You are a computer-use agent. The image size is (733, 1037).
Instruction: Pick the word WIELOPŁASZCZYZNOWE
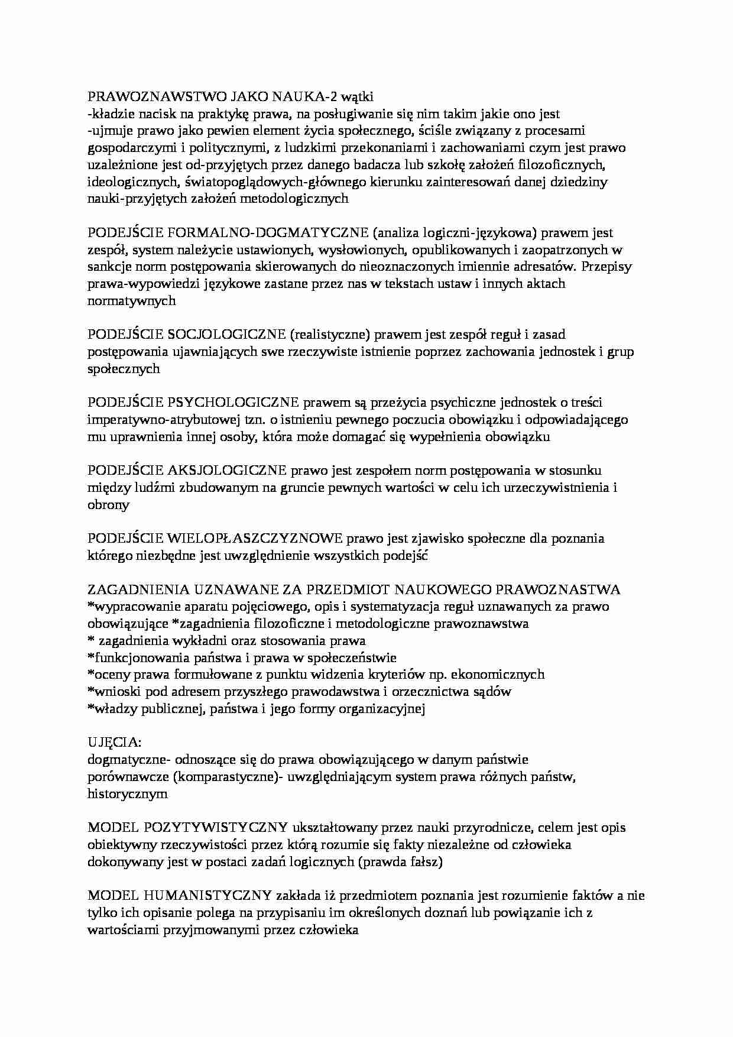click(x=255, y=539)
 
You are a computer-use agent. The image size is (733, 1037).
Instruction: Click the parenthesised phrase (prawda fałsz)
click(x=400, y=861)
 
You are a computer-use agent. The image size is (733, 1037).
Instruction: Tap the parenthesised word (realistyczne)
click(x=329, y=335)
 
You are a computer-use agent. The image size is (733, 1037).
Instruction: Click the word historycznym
click(x=127, y=794)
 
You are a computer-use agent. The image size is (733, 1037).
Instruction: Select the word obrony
click(x=108, y=505)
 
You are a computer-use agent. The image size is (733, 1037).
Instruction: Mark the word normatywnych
click(x=131, y=301)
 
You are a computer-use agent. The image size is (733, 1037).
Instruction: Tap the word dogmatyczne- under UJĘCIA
click(x=129, y=760)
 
